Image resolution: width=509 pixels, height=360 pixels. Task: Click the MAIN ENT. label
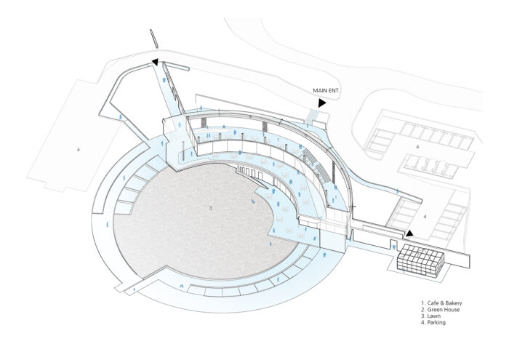(326, 91)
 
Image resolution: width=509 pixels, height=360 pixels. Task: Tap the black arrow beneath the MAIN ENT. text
(321, 103)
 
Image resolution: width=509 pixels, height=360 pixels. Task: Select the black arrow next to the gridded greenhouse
(409, 233)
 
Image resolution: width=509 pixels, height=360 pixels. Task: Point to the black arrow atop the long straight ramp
(155, 62)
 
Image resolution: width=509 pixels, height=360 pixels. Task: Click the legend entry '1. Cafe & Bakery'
(441, 303)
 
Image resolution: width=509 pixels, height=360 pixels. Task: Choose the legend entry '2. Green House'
(440, 310)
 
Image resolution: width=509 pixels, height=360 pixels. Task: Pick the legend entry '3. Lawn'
(430, 316)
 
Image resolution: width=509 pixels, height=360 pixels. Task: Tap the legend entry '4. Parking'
(433, 322)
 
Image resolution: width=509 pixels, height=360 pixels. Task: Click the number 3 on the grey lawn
(210, 208)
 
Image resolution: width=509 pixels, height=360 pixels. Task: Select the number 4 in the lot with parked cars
(418, 147)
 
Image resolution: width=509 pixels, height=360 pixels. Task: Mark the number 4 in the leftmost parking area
(79, 150)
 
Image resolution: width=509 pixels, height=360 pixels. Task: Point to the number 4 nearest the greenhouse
(425, 216)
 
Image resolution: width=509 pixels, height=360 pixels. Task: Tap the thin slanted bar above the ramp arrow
(154, 39)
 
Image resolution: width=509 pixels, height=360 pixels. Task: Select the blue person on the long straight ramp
(165, 79)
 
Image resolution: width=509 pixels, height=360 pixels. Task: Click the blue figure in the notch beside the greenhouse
(394, 247)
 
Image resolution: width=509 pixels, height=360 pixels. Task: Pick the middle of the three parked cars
(434, 164)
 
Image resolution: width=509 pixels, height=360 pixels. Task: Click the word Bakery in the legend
(454, 303)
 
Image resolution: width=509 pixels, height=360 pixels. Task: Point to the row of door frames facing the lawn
(249, 172)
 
